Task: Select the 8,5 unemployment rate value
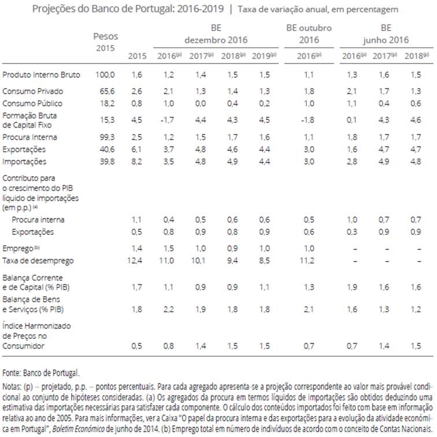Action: (x=264, y=261)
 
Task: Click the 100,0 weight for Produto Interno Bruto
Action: (x=106, y=75)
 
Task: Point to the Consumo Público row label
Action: (x=32, y=103)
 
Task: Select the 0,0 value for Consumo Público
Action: (x=199, y=103)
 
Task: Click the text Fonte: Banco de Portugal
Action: (x=41, y=373)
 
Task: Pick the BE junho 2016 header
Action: (x=386, y=33)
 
